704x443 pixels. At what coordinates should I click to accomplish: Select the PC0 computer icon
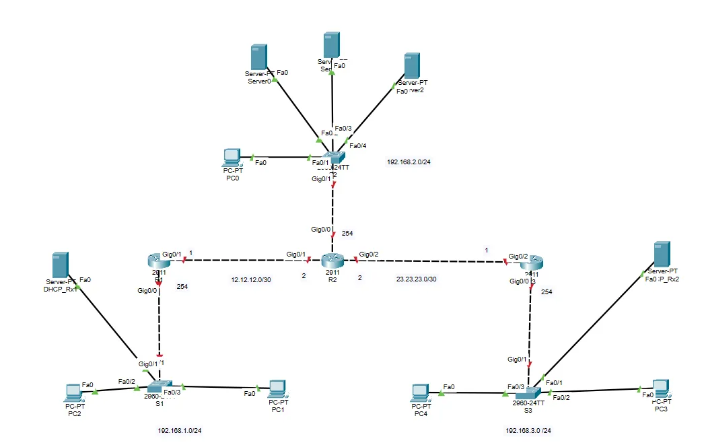232,157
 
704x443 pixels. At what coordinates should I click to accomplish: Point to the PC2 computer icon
73,391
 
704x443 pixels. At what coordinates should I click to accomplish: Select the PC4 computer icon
420,391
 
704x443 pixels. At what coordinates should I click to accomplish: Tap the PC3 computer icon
660,387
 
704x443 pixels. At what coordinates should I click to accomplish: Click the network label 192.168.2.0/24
409,162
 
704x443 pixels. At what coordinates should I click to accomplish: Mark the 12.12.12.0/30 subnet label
252,279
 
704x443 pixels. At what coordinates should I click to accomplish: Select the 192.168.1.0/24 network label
180,430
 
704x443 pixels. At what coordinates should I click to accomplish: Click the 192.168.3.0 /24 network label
533,430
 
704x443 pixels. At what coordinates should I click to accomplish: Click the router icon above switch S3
532,263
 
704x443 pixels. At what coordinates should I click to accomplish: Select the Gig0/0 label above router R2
320,230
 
